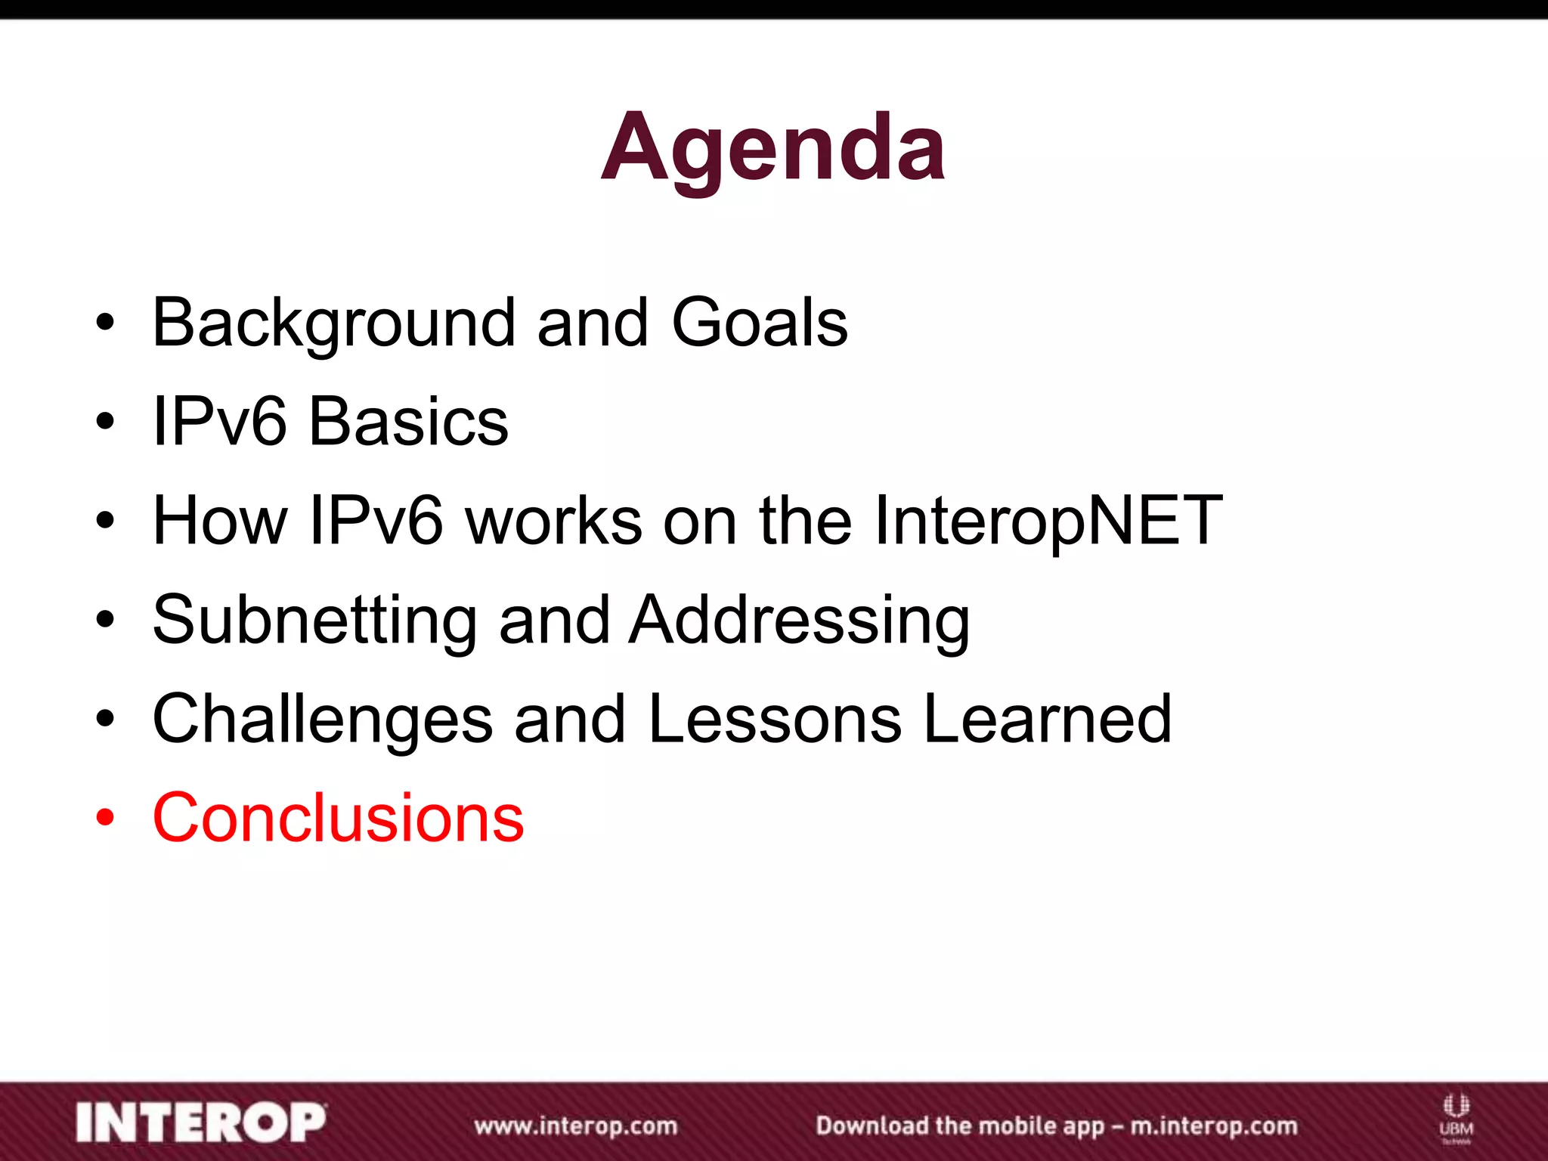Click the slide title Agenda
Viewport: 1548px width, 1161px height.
tap(772, 147)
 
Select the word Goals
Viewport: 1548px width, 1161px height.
tap(760, 324)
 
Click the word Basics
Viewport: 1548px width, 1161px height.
tap(408, 422)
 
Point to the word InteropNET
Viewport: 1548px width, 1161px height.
tap(1048, 522)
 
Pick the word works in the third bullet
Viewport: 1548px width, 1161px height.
tap(553, 522)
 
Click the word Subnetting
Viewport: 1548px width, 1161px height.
tap(314, 621)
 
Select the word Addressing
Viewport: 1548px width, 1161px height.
tap(800, 621)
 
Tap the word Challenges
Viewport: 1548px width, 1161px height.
tap(323, 720)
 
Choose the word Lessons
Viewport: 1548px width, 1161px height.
tap(775, 720)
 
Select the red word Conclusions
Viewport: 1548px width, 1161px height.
tap(338, 819)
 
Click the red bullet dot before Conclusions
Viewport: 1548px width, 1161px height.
tap(105, 819)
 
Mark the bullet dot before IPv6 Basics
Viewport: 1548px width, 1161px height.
tap(105, 422)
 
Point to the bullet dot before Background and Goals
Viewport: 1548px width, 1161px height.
tap(105, 324)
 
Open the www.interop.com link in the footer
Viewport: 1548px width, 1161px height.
tap(576, 1125)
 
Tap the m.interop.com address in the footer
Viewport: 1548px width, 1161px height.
tap(1213, 1125)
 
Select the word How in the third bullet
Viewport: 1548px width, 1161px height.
tap(220, 522)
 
